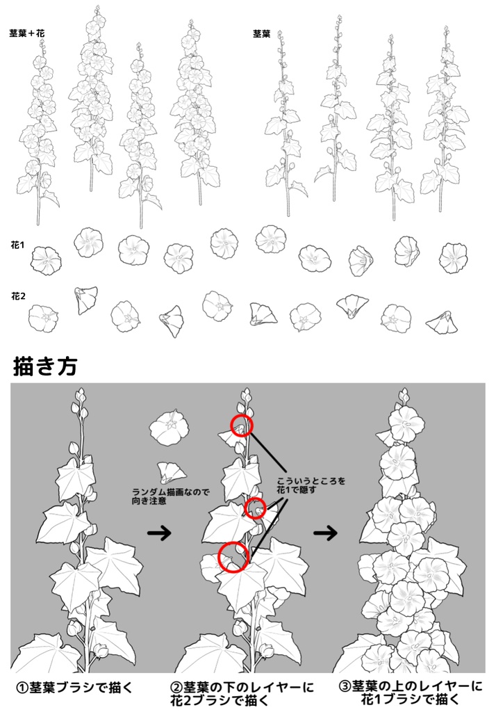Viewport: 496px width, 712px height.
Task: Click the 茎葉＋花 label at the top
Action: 27,33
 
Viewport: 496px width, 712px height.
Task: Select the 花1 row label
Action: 18,245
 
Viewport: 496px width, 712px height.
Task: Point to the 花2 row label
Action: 18,296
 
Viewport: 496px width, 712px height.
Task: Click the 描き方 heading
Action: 45,366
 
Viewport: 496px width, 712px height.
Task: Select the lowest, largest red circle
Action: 234,557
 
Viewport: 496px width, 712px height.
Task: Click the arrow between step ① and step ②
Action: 160,533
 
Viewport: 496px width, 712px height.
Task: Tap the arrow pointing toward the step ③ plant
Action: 325,533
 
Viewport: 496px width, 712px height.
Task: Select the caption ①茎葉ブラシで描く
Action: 74,688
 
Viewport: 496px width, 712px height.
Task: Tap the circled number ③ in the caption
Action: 345,687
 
